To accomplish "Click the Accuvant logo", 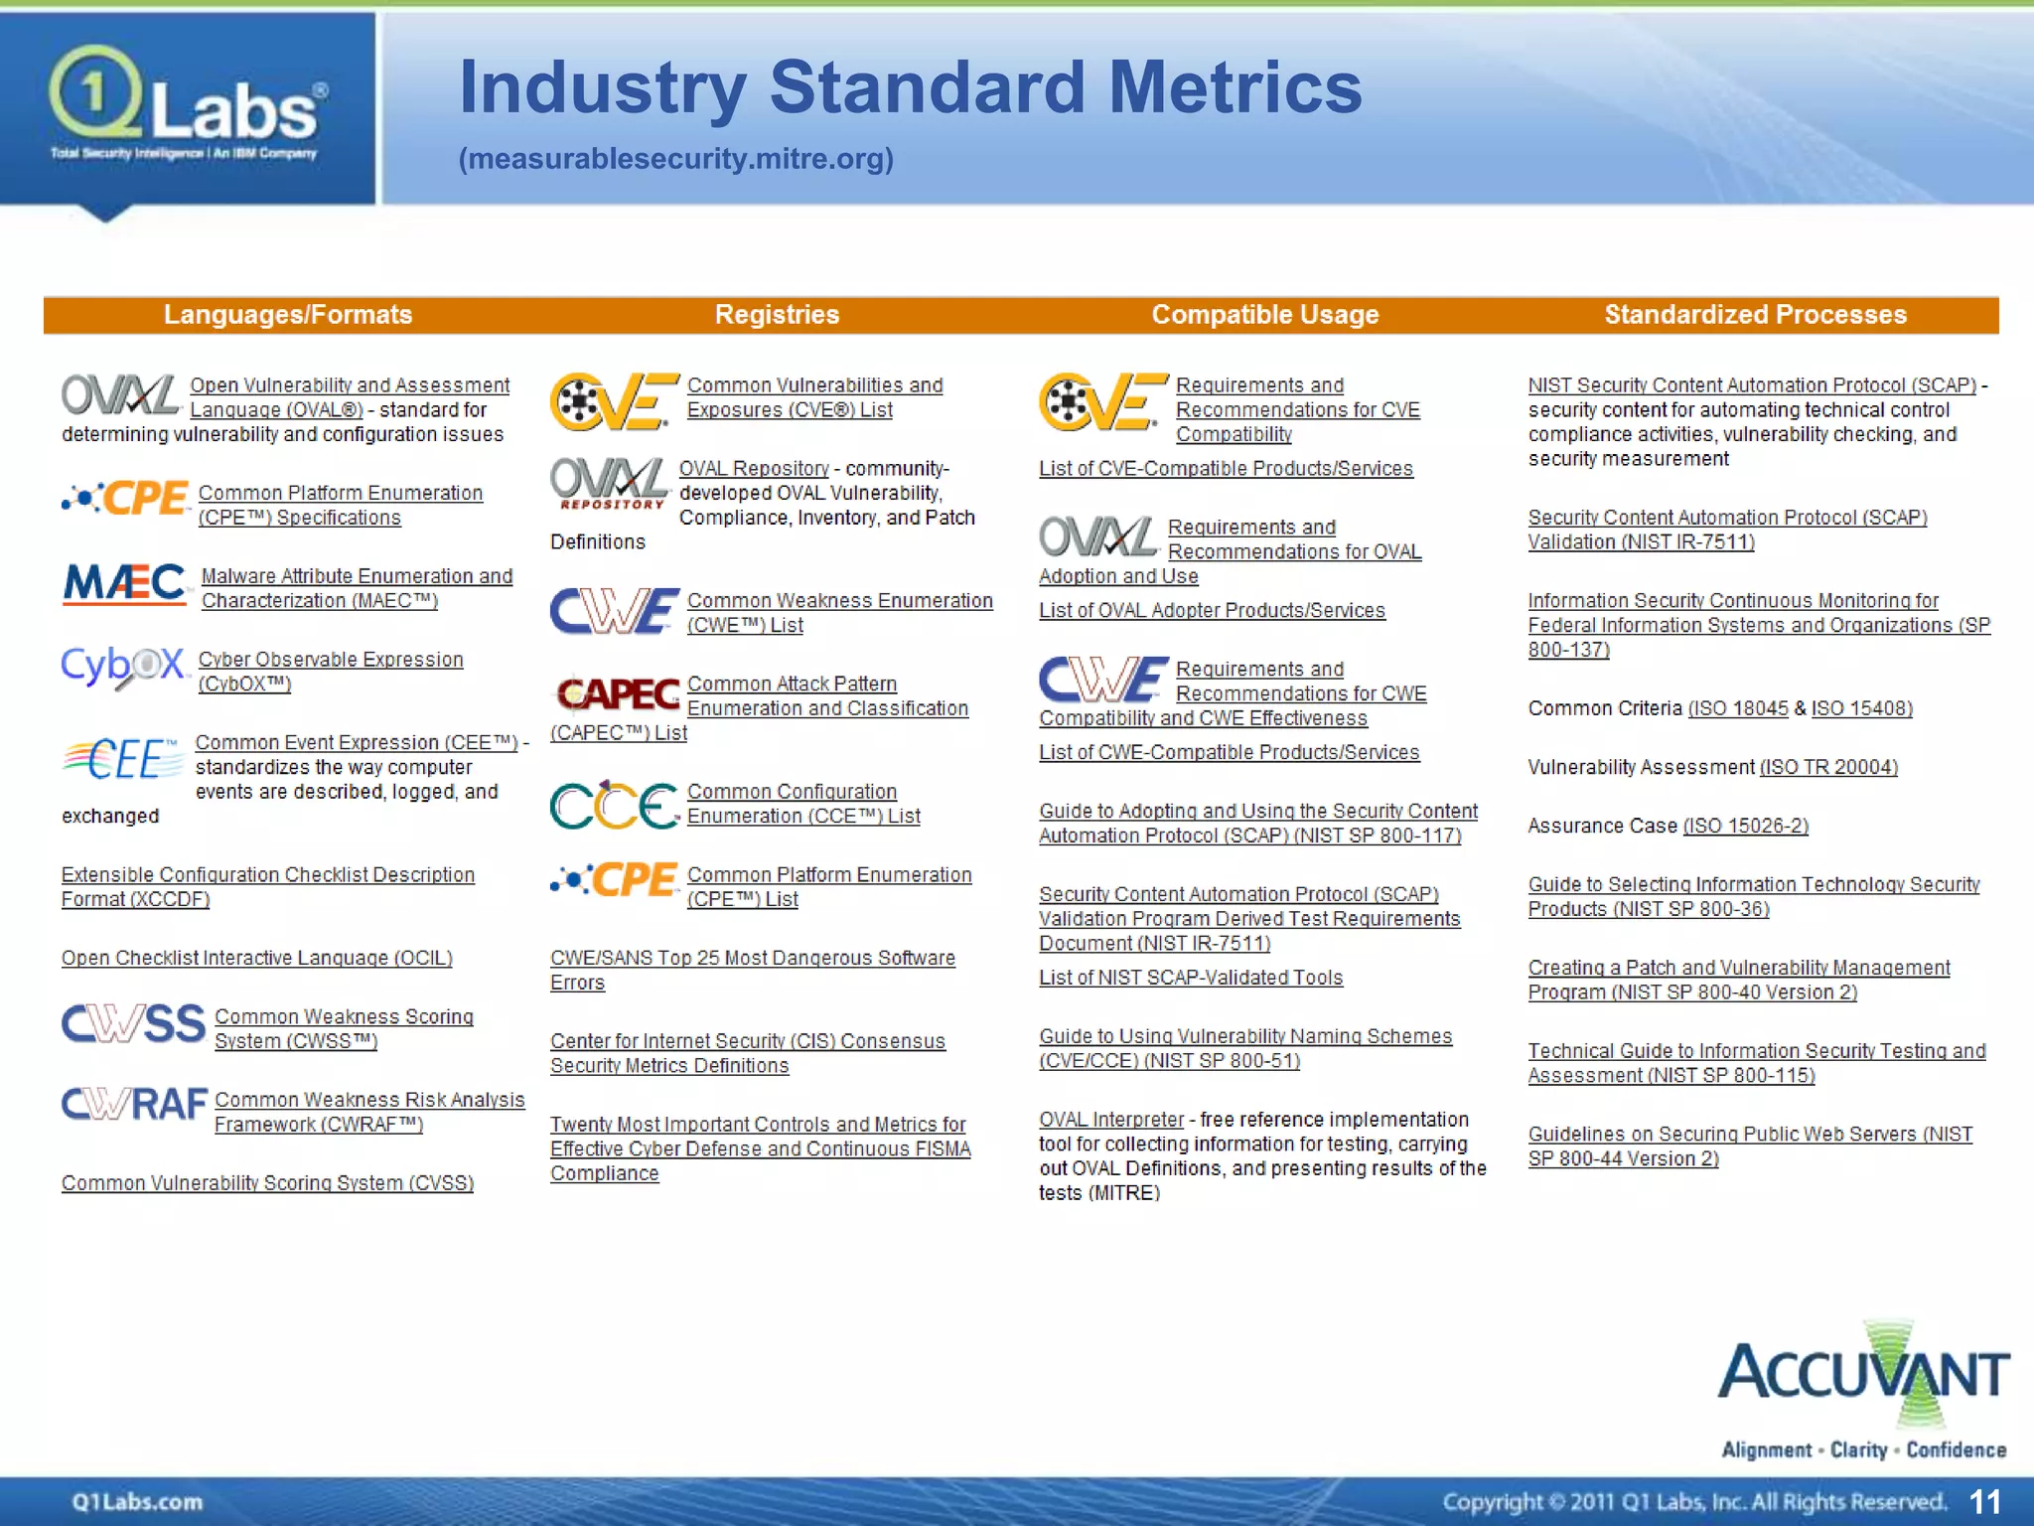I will click(x=1863, y=1391).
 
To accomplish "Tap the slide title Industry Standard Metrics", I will click(x=910, y=87).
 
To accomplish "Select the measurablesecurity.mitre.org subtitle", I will click(x=675, y=159).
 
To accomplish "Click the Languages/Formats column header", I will click(x=288, y=315).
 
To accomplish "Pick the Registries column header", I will click(x=777, y=315).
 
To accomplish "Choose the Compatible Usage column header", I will click(x=1264, y=315).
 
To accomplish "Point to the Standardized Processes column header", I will click(x=1755, y=315).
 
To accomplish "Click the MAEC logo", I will click(x=125, y=584).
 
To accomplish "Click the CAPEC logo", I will click(x=618, y=693).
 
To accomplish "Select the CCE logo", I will click(x=614, y=805).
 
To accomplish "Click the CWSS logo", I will click(x=133, y=1024).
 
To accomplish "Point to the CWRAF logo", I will click(x=133, y=1104).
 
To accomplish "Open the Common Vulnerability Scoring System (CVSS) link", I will click(x=267, y=1183).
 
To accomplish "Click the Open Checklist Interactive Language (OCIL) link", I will click(x=256, y=958).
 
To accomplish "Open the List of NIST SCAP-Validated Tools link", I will click(x=1190, y=978).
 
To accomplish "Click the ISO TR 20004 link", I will click(x=1828, y=767).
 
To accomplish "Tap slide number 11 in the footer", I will click(x=1984, y=1501).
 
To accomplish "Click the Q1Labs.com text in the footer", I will click(x=137, y=1501).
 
